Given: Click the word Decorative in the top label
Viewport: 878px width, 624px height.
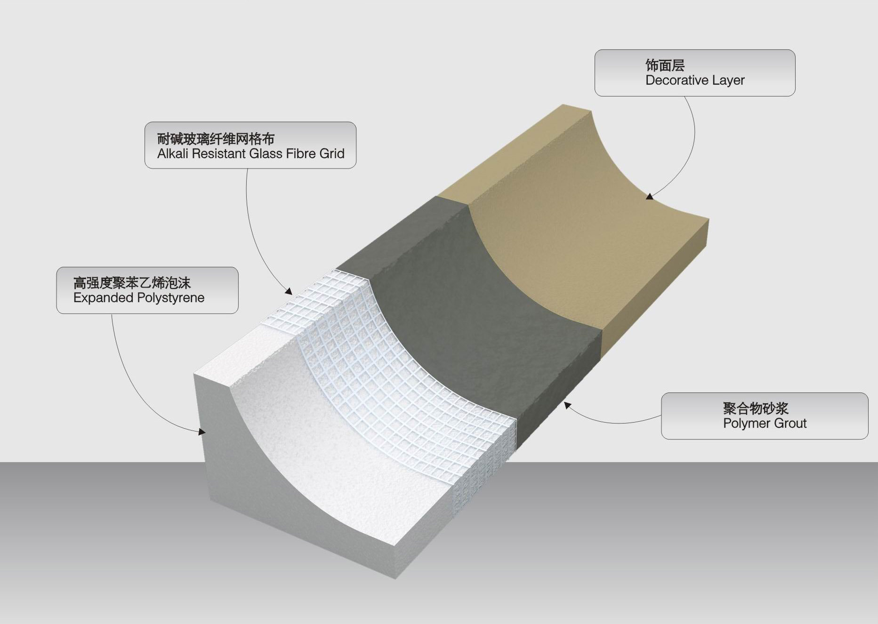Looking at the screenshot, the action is click(677, 80).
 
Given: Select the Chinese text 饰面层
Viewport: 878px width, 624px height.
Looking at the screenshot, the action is click(665, 65).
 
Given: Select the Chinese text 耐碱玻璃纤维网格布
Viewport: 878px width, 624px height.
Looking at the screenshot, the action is click(216, 139).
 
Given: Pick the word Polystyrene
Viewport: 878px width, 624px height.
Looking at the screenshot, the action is click(171, 298).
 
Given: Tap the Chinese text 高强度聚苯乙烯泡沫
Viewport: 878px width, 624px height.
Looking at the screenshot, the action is click(132, 283).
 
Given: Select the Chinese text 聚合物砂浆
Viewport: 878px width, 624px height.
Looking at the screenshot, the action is click(756, 408).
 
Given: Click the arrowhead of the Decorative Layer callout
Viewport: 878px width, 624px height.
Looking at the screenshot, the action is click(649, 196).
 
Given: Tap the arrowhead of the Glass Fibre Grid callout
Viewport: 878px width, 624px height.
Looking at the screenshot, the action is click(288, 291).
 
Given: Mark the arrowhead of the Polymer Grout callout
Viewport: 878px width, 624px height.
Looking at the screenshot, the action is click(567, 404).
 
